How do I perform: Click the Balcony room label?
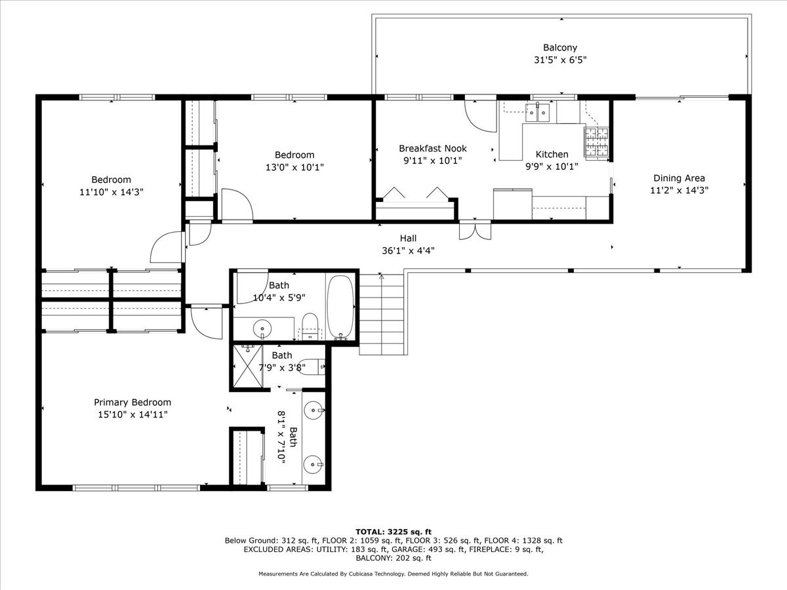(x=559, y=47)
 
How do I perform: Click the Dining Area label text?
(x=679, y=178)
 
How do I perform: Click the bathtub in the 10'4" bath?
(x=340, y=307)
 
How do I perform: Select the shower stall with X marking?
(x=248, y=368)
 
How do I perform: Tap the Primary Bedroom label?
(x=132, y=403)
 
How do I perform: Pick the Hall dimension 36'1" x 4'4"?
(x=408, y=250)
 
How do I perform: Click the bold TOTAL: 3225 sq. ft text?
(x=393, y=532)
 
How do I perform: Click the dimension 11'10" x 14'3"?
(x=111, y=192)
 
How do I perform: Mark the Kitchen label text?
(x=552, y=155)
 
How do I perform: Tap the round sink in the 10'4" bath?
(x=262, y=326)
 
